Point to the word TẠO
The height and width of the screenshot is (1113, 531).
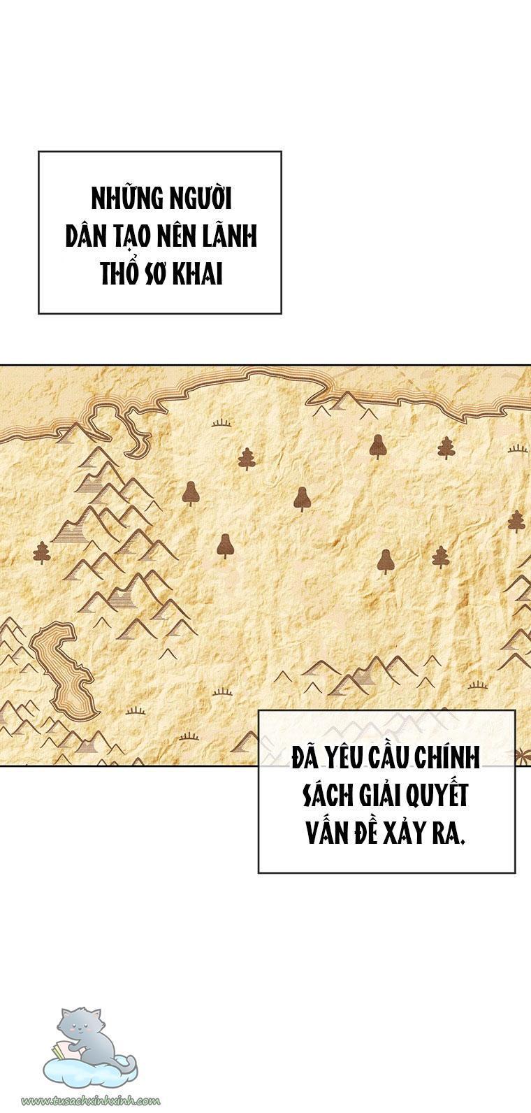coord(131,238)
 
